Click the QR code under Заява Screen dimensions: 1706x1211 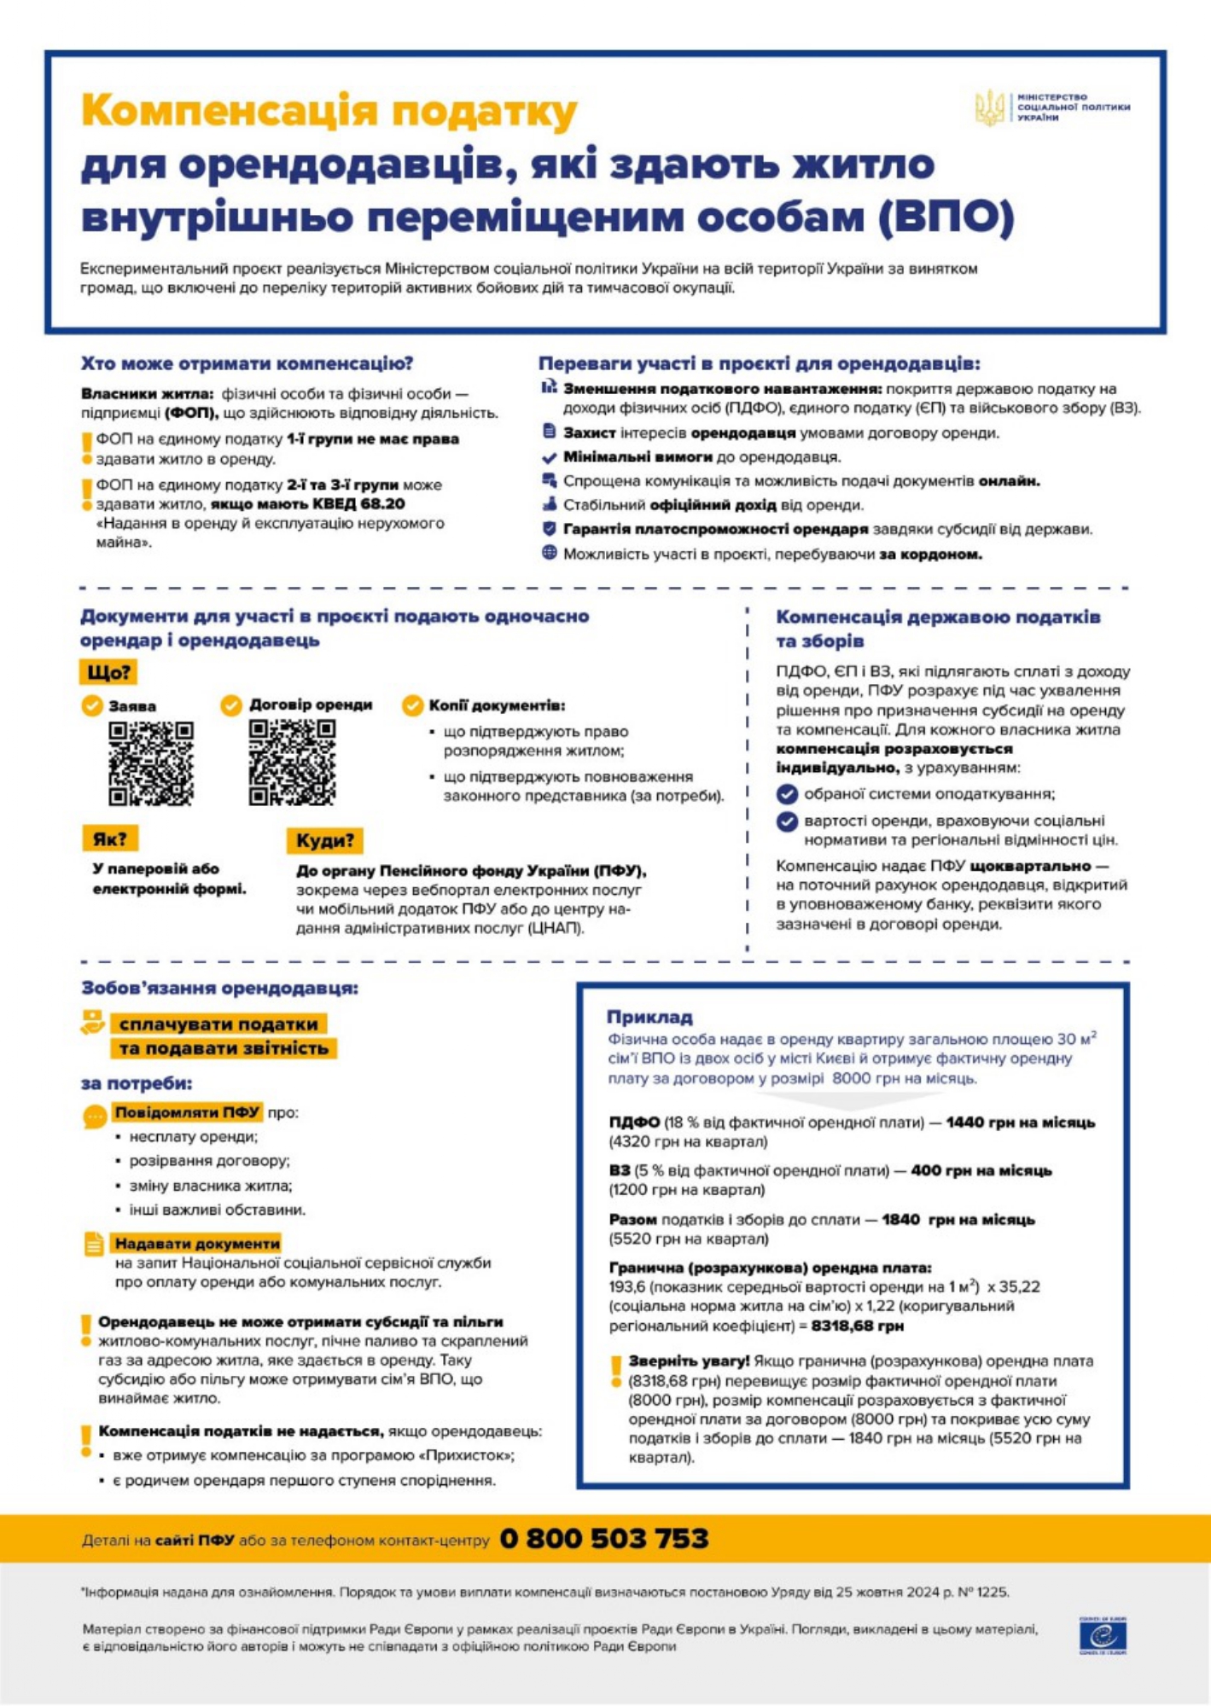(151, 763)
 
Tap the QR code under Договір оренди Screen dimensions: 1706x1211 (292, 762)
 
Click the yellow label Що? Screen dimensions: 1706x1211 (108, 672)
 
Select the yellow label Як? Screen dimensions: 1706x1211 (110, 838)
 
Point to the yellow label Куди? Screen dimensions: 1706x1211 (324, 840)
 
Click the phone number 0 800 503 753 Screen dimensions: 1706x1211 (603, 1538)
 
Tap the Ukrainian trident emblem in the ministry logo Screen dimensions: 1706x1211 (990, 108)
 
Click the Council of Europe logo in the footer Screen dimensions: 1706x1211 (1103, 1635)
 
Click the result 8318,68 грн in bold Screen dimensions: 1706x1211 (857, 1326)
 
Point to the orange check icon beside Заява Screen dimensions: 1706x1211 (92, 706)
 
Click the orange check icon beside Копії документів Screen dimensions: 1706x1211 (413, 705)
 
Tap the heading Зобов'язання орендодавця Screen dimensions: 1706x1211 (219, 988)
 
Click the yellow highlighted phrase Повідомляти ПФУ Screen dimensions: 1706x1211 (188, 1112)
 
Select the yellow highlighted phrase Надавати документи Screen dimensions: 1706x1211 (197, 1244)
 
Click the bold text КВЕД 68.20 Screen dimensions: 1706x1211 (358, 504)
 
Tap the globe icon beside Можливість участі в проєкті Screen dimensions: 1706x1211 (550, 553)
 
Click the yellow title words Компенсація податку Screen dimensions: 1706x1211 (329, 111)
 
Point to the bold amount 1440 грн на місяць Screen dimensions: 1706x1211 (1020, 1123)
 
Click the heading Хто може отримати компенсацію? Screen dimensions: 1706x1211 (247, 363)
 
